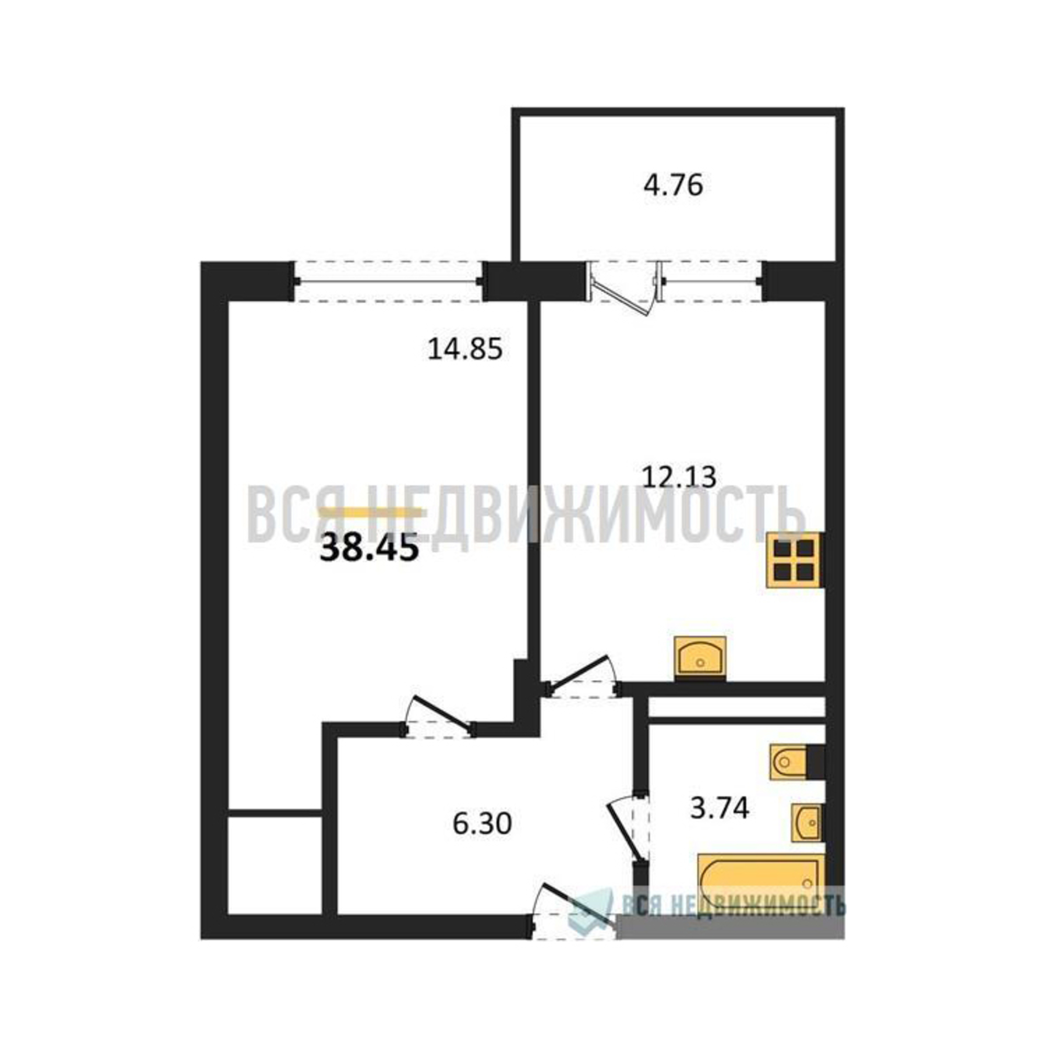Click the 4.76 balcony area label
[x=673, y=185]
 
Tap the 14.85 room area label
[x=465, y=349]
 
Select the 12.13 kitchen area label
[x=679, y=477]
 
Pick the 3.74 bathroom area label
[x=720, y=809]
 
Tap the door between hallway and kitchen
[x=582, y=678]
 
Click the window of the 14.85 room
[x=389, y=281]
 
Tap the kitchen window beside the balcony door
[x=710, y=281]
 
